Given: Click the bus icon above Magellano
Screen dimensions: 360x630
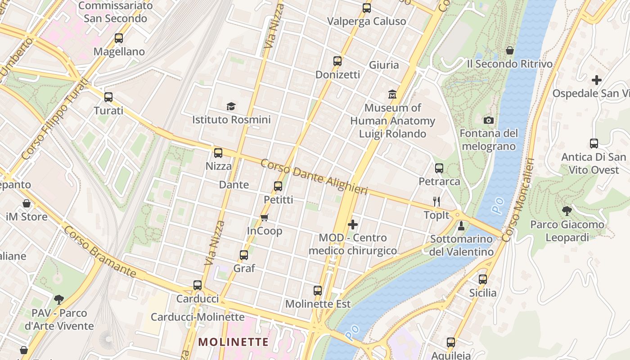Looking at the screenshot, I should pos(119,38).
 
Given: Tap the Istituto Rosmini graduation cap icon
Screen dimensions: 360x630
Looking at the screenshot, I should pos(231,107).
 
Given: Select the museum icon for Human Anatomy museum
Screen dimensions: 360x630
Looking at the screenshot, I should pos(392,94).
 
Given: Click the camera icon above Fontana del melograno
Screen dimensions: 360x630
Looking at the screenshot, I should pos(488,120).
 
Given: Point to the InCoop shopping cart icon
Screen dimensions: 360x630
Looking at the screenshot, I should pos(265,218).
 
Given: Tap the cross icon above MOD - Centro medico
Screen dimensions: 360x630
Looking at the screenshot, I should pos(353,224).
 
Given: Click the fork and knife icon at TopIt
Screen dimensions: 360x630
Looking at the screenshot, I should pos(436,202).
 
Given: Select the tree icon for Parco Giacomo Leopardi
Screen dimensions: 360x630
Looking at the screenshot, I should pos(567,211).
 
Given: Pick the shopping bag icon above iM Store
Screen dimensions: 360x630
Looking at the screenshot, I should pos(27,203).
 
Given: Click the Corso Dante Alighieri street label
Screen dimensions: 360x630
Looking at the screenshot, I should pos(314,177).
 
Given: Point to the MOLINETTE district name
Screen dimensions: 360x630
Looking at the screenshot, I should pos(234,342).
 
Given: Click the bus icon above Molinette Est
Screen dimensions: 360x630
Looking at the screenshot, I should pos(318,291).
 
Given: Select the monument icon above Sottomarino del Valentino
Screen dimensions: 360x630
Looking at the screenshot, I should pos(461,225).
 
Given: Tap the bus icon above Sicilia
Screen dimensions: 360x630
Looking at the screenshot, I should pos(483,279).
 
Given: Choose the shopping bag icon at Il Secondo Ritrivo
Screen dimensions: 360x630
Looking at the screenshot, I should pos(510,50).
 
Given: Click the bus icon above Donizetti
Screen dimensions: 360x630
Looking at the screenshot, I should pos(337,61).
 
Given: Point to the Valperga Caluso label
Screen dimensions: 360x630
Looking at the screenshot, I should pos(366,21).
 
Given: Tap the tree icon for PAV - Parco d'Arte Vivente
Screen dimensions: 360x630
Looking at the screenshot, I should pos(59,299).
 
